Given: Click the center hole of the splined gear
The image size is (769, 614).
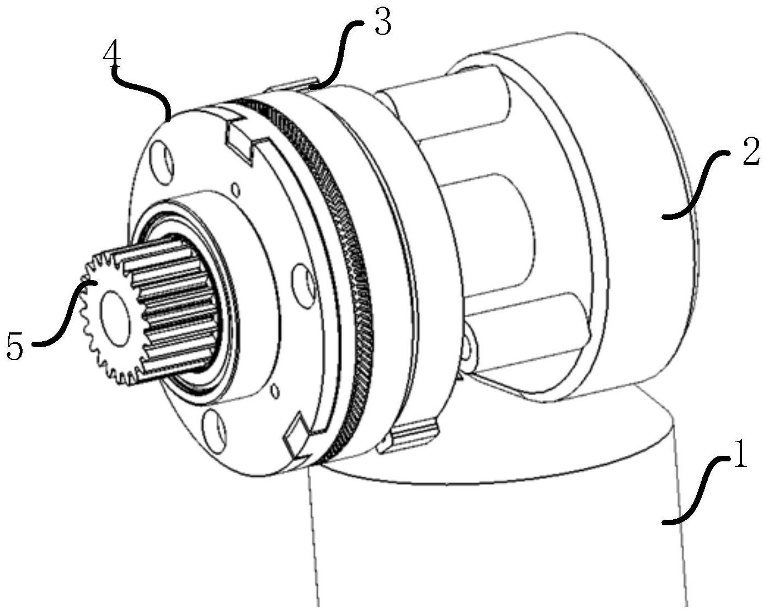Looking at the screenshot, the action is click(114, 315).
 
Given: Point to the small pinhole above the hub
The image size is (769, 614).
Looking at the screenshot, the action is click(236, 189).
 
